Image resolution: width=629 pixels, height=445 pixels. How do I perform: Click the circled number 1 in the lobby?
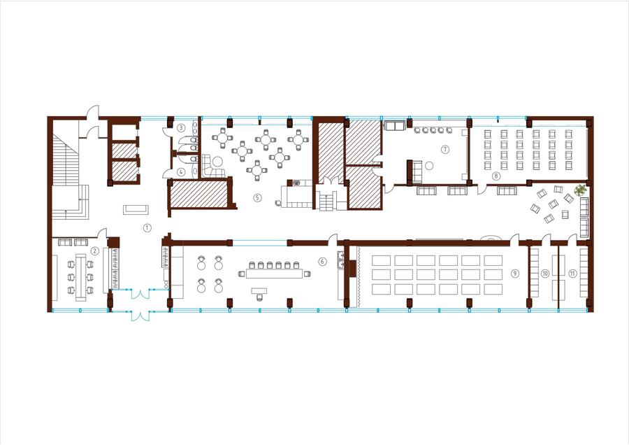pyautogui.click(x=147, y=227)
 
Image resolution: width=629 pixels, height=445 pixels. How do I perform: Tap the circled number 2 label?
pyautogui.click(x=94, y=251)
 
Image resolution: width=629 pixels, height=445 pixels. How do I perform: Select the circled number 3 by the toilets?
pyautogui.click(x=181, y=128)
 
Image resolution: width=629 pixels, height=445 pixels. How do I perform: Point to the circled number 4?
pyautogui.click(x=181, y=172)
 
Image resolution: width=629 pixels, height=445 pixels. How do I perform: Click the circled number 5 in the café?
pyautogui.click(x=257, y=197)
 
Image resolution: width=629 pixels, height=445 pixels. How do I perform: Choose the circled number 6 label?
pyautogui.click(x=322, y=262)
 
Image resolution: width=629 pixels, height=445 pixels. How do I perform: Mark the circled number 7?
pyautogui.click(x=445, y=149)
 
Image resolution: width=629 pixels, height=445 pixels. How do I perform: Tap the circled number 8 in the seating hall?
pyautogui.click(x=496, y=176)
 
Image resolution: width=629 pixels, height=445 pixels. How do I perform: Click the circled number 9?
pyautogui.click(x=515, y=273)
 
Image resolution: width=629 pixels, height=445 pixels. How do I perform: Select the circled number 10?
pyautogui.click(x=544, y=273)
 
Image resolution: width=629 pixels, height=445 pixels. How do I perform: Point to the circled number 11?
pyautogui.click(x=572, y=273)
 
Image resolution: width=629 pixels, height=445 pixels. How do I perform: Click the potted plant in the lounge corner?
pyautogui.click(x=579, y=190)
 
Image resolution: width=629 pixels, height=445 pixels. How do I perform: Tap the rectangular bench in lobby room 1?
pyautogui.click(x=136, y=209)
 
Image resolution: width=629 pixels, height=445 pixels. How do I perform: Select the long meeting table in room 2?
pyautogui.click(x=80, y=277)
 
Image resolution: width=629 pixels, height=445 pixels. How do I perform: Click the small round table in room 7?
pyautogui.click(x=429, y=165)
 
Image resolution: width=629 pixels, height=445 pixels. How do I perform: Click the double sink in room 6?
pyautogui.click(x=340, y=260)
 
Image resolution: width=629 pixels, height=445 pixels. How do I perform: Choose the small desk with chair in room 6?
pyautogui.click(x=259, y=292)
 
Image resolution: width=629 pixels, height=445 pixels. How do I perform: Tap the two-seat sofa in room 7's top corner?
pyautogui.click(x=395, y=126)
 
